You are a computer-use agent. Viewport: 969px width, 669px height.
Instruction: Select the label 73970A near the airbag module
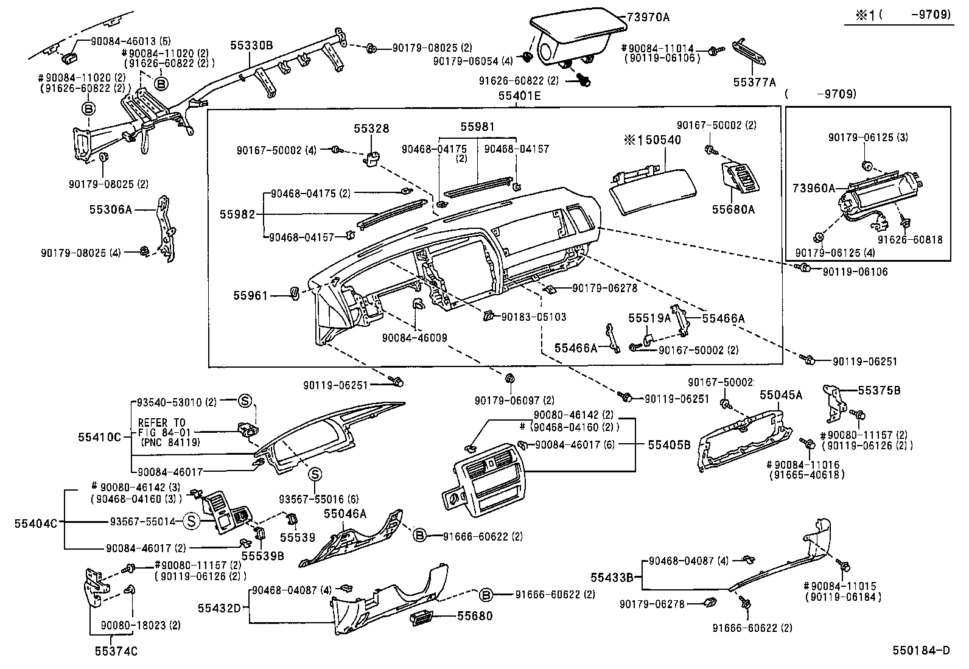coord(648,17)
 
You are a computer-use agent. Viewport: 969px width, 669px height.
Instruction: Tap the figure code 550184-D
coord(921,651)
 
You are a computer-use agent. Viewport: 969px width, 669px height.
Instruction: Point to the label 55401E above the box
coord(519,96)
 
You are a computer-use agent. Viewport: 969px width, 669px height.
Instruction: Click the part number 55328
coord(372,129)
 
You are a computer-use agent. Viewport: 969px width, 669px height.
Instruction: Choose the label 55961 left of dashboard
coord(250,296)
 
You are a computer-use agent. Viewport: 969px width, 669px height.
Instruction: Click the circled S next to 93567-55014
coord(192,521)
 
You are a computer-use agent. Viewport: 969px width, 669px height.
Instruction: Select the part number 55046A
coord(345,514)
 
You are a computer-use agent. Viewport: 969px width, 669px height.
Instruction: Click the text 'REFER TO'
coord(161,422)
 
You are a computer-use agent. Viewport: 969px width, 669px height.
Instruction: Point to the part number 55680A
coord(733,209)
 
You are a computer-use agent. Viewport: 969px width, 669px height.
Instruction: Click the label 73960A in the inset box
coord(813,188)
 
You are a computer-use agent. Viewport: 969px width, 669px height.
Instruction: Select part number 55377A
coord(755,82)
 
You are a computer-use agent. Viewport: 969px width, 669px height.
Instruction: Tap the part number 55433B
coord(612,576)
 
